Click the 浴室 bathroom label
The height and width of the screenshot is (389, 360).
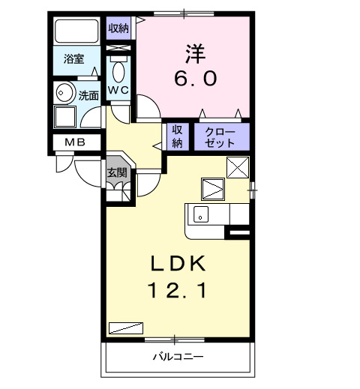click(x=73, y=58)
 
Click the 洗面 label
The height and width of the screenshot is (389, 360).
click(x=88, y=95)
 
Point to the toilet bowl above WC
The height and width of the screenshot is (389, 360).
click(x=118, y=71)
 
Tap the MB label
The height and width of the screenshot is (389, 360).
click(x=73, y=142)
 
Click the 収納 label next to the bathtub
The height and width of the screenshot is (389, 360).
click(x=118, y=28)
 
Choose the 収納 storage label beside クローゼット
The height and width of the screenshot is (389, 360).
click(x=178, y=136)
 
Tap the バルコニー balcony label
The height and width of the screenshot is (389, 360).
click(x=178, y=356)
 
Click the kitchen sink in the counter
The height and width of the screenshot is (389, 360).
click(x=200, y=214)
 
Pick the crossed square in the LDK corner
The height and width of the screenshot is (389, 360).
click(x=238, y=167)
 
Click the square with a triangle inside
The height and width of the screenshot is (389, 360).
click(x=212, y=187)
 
